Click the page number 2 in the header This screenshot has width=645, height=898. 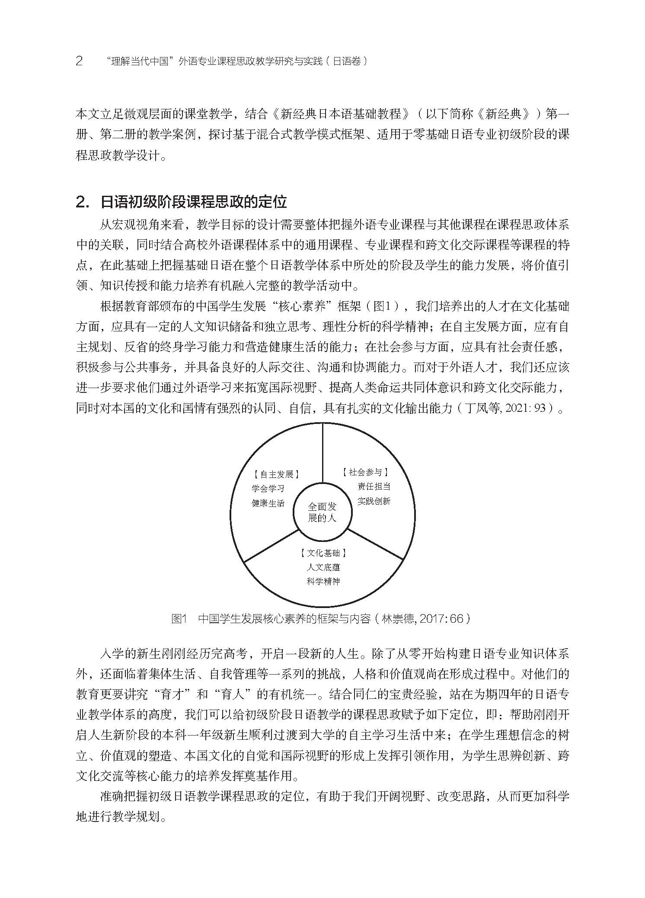click(x=79, y=61)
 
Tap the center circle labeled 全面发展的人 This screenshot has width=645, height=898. click(x=322, y=512)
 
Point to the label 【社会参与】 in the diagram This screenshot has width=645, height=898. click(x=365, y=472)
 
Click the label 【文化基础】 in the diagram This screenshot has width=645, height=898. click(x=323, y=553)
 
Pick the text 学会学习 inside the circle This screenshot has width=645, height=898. click(x=268, y=488)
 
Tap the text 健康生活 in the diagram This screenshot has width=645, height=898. click(x=268, y=503)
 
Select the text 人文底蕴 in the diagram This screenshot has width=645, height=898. click(x=323, y=567)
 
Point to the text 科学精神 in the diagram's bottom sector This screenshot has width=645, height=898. click(x=323, y=581)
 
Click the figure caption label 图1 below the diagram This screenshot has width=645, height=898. click(x=179, y=619)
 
